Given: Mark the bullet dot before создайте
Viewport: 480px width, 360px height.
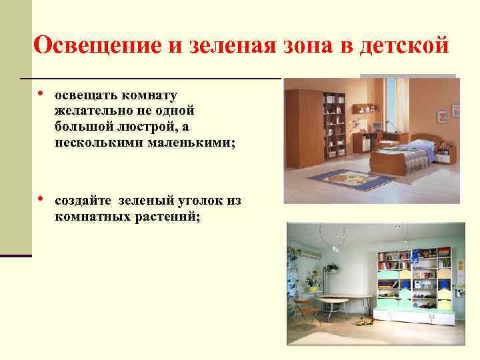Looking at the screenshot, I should click(x=41, y=198).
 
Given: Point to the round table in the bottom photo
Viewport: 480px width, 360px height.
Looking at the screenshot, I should click(x=343, y=300).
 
